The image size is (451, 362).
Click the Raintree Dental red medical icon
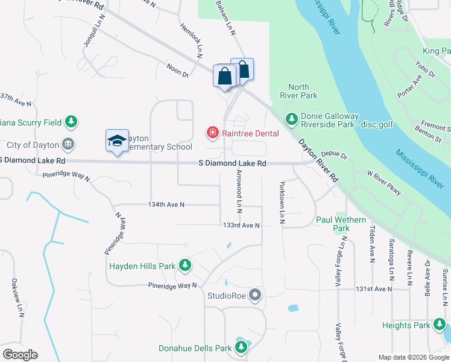(x=212, y=132)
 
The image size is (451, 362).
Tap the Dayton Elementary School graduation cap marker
(x=117, y=141)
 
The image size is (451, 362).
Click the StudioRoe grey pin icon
(x=256, y=296)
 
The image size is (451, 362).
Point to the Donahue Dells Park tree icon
(x=242, y=348)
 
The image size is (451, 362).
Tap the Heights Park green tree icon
(x=438, y=325)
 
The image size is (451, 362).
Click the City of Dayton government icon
(x=68, y=144)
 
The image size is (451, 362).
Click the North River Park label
(x=298, y=91)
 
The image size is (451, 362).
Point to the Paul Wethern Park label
(x=341, y=224)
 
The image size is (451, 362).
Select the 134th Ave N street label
(x=166, y=205)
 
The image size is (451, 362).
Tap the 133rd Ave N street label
(x=241, y=226)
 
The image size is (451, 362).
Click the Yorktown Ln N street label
(x=282, y=203)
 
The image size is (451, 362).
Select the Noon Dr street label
(x=178, y=71)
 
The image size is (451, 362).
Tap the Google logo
(x=20, y=355)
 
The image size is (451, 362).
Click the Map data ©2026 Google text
(x=413, y=357)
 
